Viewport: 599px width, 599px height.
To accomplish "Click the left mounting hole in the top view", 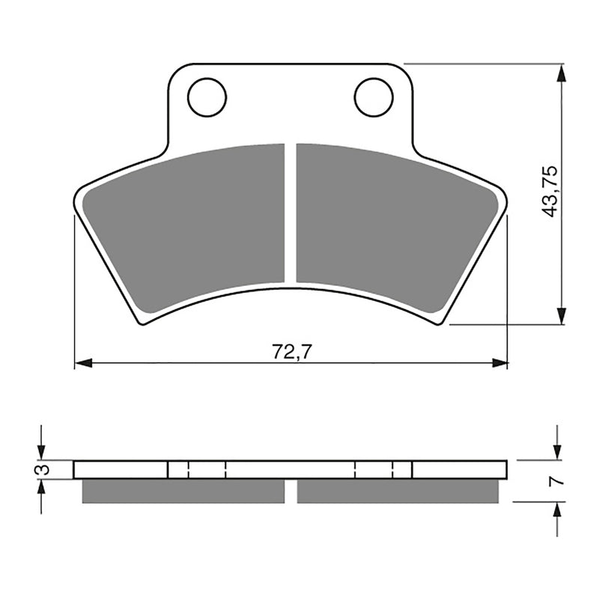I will point(207,97).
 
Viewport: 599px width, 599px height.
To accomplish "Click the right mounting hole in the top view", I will point(374,97).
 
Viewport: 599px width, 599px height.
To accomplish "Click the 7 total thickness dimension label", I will point(554,481).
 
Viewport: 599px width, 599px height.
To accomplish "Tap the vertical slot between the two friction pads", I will point(291,213).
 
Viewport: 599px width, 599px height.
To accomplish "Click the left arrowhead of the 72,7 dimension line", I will point(82,363).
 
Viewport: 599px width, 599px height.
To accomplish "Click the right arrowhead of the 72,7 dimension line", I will point(499,363).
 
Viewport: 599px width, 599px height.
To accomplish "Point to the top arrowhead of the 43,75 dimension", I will point(561,72).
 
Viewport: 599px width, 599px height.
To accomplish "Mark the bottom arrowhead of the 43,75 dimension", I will point(561,317).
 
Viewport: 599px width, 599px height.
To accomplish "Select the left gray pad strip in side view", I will point(183,491).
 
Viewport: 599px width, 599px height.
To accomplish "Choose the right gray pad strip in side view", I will point(398,491).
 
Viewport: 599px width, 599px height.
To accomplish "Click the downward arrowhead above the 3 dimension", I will point(41,451).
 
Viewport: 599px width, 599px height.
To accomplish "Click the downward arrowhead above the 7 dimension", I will point(557,451).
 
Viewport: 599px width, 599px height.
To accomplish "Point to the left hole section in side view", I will point(196,469).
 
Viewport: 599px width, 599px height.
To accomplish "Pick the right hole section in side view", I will point(383,469).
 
